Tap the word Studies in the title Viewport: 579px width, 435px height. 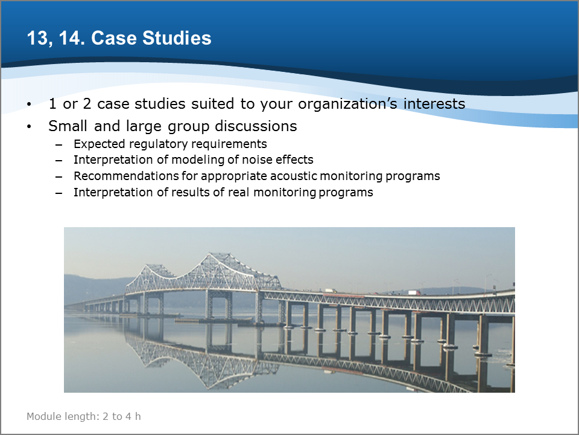coord(177,38)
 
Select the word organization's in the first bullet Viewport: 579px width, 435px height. coord(347,105)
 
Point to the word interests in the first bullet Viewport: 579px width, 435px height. coord(434,103)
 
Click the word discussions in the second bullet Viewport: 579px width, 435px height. coord(256,126)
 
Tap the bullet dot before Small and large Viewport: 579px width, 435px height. coord(29,127)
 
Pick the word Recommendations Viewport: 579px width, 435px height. coord(126,176)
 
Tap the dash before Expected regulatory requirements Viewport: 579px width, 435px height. coord(59,144)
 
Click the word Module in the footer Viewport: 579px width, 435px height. coord(43,416)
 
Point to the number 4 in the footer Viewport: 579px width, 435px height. coord(128,417)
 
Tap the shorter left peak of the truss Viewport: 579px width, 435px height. coord(154,266)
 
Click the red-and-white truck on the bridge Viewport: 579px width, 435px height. coord(414,292)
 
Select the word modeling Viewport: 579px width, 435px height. coord(198,159)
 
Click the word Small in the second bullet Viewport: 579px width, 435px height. coord(68,126)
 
